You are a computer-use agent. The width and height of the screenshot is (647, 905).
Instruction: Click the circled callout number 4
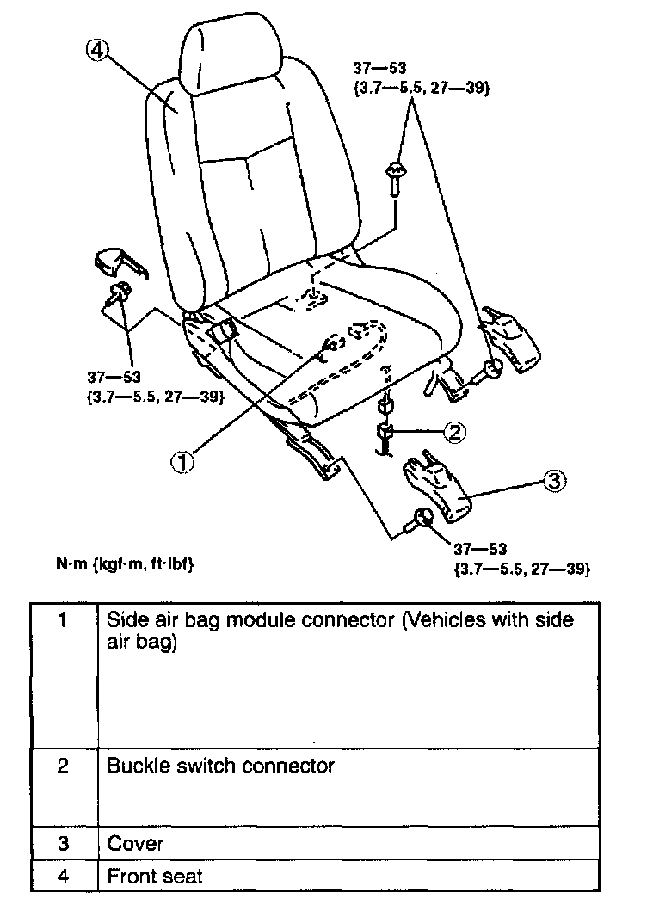coord(96,52)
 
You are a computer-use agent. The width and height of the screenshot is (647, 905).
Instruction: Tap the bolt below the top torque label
coord(397,176)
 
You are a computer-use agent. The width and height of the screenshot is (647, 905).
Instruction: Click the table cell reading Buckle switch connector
coord(220,766)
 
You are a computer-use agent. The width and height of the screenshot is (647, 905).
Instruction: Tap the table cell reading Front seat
coord(155,877)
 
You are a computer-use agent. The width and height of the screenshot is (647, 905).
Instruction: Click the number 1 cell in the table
coord(63,620)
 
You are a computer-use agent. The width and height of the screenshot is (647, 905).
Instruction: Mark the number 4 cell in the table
coord(63,877)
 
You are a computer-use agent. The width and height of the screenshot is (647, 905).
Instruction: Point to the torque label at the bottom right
coord(521,557)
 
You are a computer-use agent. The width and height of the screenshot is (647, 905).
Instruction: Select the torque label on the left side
coord(156,386)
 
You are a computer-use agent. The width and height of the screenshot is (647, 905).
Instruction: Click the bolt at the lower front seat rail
coord(422,519)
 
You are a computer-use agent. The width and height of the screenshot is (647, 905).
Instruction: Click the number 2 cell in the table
coord(63,766)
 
